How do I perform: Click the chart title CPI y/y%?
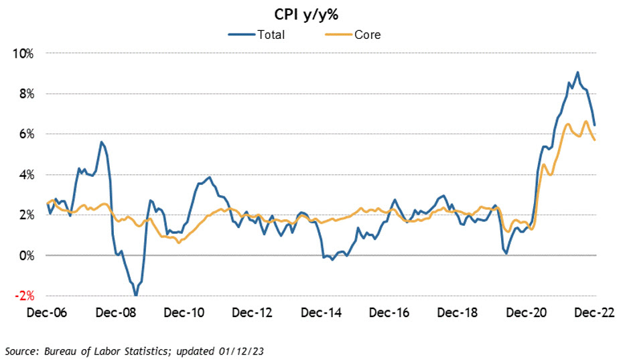point(311,14)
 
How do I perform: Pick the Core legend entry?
point(366,35)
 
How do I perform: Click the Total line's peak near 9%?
point(577,72)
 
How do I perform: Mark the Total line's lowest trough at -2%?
point(135,295)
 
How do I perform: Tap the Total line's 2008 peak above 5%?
point(101,142)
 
